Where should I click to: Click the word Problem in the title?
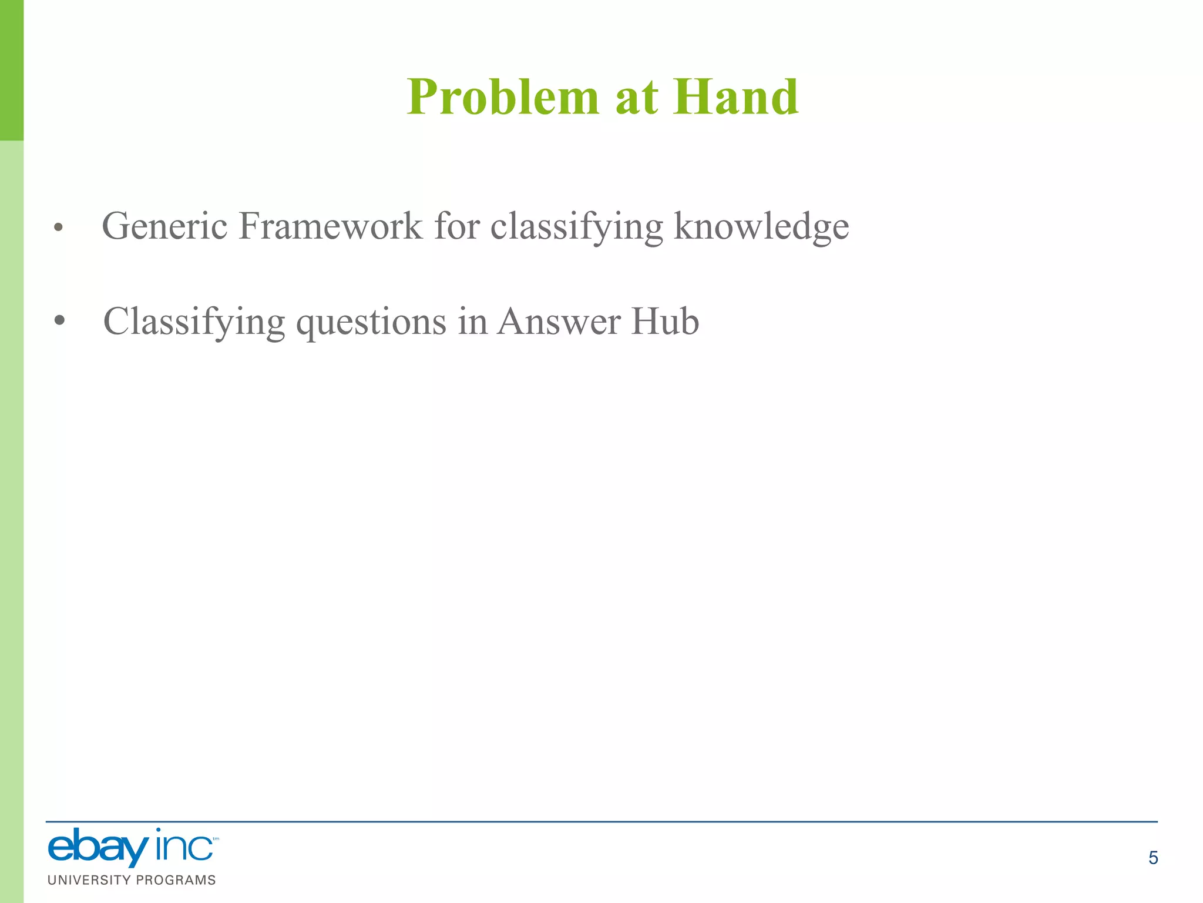(x=503, y=97)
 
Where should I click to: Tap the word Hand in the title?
(x=735, y=97)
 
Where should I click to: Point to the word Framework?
(x=330, y=226)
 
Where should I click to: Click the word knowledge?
(x=761, y=227)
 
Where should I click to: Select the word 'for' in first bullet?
(x=456, y=226)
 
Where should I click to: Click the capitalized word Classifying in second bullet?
(x=194, y=323)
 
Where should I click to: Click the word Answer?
(x=559, y=322)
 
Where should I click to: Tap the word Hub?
(x=665, y=322)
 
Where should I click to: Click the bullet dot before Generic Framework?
(x=58, y=228)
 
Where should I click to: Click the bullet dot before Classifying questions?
(x=59, y=322)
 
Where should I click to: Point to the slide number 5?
(x=1153, y=858)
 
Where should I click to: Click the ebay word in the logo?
(x=98, y=848)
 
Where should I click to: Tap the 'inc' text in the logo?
(x=184, y=847)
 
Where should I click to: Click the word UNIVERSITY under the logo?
(x=89, y=880)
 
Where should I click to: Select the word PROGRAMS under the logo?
(x=176, y=880)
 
